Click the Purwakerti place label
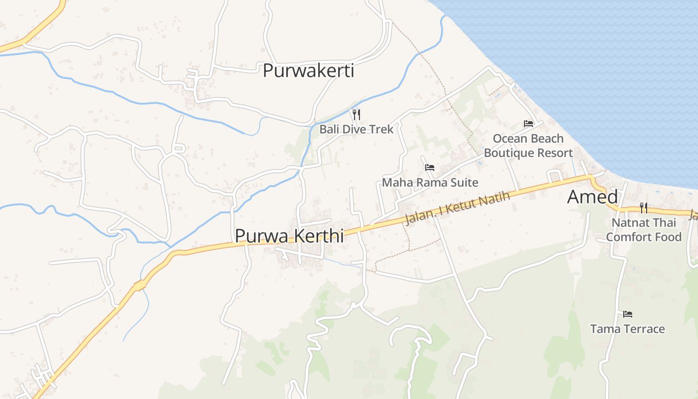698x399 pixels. coord(308,71)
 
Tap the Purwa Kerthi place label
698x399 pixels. coord(289,235)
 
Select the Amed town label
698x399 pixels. coord(592,197)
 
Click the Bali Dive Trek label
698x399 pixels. coord(356,129)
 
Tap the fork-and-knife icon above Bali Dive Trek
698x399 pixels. coord(356,115)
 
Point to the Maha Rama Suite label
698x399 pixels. coord(430,183)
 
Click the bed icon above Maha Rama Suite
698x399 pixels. coord(430,168)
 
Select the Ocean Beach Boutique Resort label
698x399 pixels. coord(528,146)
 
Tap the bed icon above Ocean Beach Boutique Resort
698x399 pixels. coord(528,124)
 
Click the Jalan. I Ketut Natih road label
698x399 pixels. coord(458,208)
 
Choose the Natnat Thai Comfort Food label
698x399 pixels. coord(643,229)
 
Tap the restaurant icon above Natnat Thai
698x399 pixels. coord(643,208)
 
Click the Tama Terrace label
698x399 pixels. coord(627,329)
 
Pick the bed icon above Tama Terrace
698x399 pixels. coord(627,314)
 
